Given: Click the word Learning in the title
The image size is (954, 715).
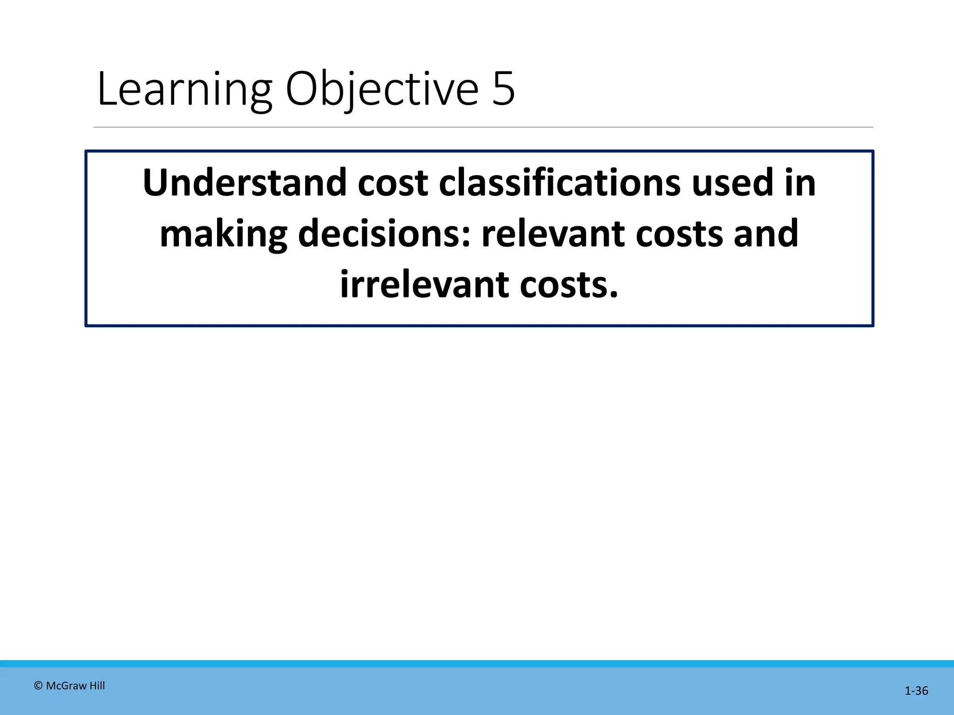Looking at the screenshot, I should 184,89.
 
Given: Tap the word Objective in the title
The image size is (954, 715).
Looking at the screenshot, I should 382,89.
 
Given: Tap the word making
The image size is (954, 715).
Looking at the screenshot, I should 223,234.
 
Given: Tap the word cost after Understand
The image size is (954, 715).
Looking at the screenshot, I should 393,182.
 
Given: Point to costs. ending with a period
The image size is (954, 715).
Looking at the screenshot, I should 569,284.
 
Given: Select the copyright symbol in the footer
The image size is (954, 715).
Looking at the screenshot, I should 39,686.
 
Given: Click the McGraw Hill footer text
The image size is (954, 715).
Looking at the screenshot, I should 75,686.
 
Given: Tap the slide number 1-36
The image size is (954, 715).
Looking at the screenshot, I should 916,691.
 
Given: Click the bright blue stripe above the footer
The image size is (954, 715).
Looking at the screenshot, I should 477,664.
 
